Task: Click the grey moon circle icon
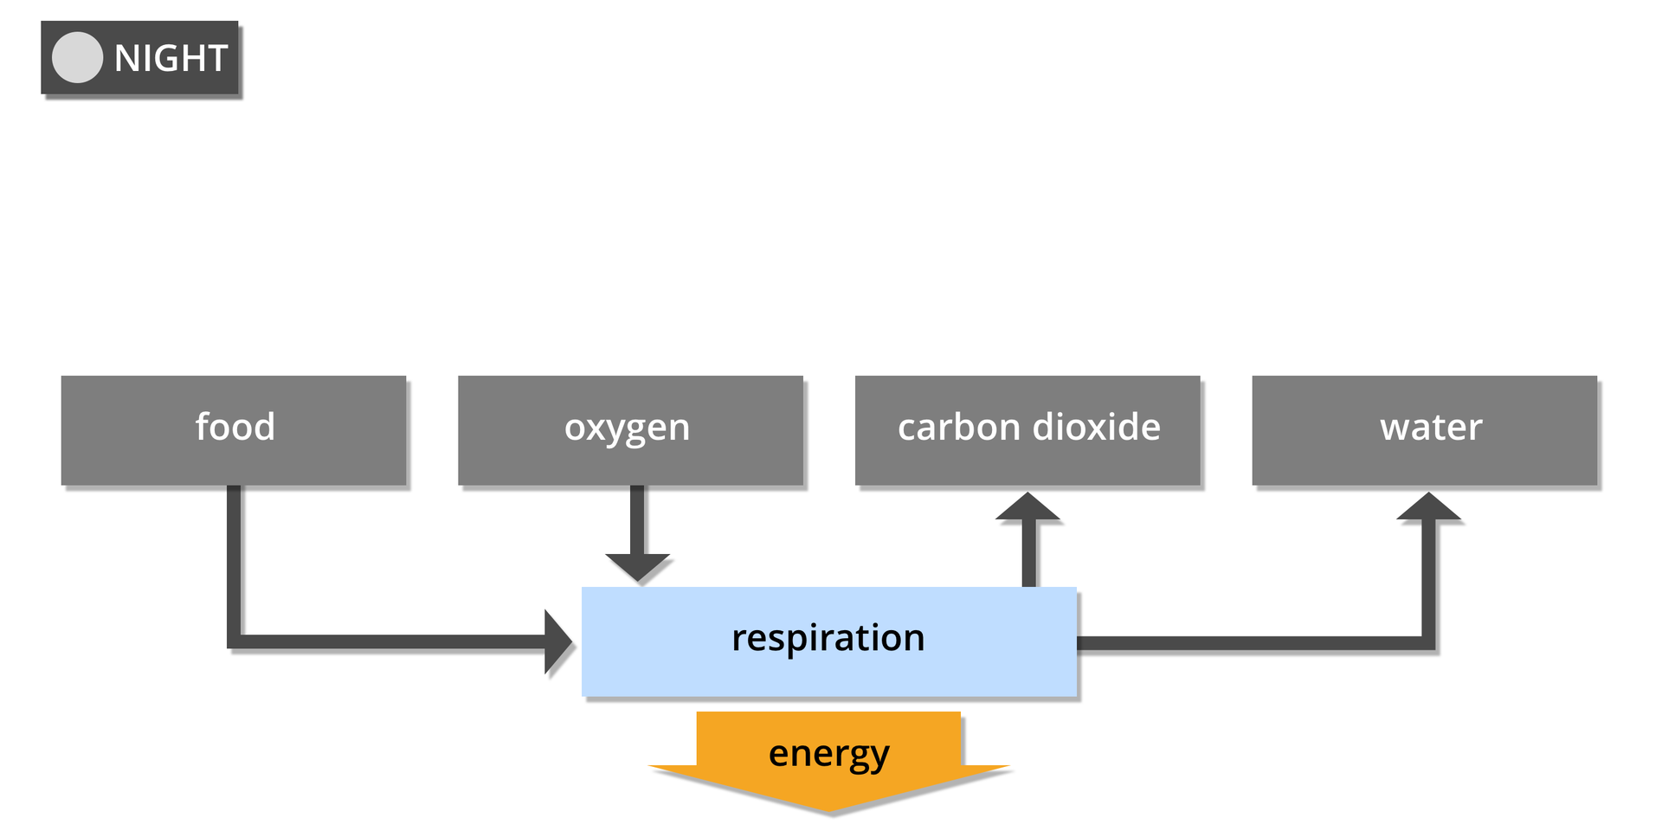click(x=77, y=58)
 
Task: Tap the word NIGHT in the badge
click(x=171, y=59)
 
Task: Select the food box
click(x=234, y=430)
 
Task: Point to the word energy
click(x=828, y=754)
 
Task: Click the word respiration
click(x=828, y=638)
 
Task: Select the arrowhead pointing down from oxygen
click(x=638, y=567)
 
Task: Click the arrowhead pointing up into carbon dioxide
click(x=1028, y=508)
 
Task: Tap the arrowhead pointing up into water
click(x=1429, y=508)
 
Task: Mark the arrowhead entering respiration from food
click(x=557, y=641)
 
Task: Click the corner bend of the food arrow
click(x=234, y=641)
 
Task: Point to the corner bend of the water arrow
click(x=1428, y=643)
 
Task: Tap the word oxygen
click(x=627, y=428)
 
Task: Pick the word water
click(x=1431, y=427)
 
